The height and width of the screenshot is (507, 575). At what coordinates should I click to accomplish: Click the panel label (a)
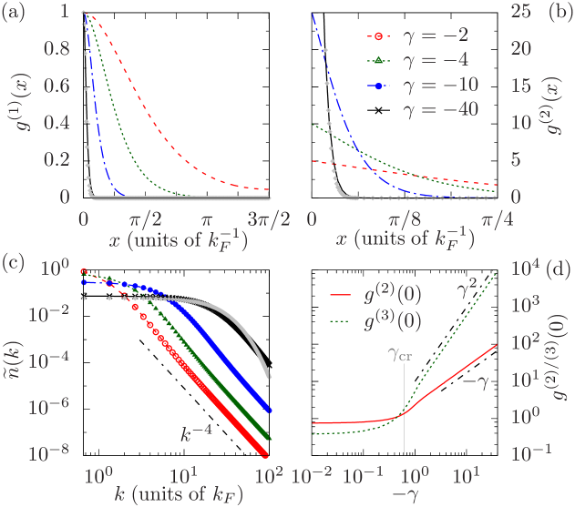point(15,14)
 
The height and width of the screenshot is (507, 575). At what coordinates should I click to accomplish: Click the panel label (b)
point(559,14)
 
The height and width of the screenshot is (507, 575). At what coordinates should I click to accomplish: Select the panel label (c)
point(15,265)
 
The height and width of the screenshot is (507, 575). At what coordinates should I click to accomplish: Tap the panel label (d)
point(560,270)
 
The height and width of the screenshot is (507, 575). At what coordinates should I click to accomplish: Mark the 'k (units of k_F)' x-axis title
point(170,495)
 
